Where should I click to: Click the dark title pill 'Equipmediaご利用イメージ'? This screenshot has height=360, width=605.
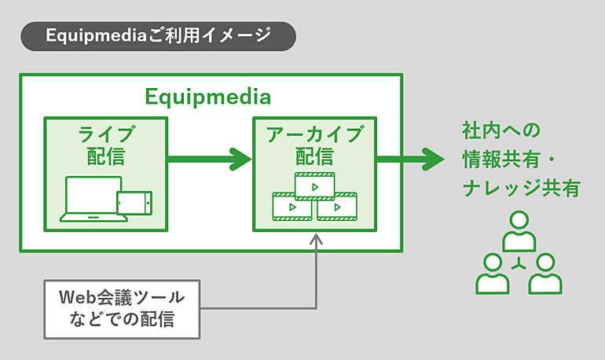[x=158, y=36]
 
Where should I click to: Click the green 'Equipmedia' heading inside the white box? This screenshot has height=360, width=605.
[x=207, y=97]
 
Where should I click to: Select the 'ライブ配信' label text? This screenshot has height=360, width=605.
[x=106, y=145]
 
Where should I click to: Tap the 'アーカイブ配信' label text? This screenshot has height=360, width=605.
[x=315, y=145]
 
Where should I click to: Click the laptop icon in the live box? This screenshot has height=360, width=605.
[x=93, y=199]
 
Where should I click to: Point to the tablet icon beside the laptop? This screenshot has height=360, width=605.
[x=134, y=203]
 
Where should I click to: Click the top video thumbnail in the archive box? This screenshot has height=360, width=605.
[x=315, y=187]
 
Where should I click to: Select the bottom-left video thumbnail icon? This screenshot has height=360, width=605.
[x=292, y=207]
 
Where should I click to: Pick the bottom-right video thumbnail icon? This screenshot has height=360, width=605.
[x=337, y=207]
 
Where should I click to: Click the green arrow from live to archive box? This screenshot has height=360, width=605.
[x=210, y=159]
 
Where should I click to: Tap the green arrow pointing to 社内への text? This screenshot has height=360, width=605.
[x=410, y=159]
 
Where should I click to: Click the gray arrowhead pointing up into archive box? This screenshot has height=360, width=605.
[x=317, y=239]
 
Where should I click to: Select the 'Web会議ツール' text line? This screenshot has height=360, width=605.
[x=122, y=297]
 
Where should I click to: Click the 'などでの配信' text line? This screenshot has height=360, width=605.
[x=122, y=319]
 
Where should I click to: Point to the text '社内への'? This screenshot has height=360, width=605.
[x=501, y=130]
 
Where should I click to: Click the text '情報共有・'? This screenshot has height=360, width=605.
[x=508, y=160]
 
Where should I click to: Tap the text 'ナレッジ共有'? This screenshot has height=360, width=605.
[x=521, y=189]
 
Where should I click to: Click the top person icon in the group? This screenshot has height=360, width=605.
[x=519, y=231]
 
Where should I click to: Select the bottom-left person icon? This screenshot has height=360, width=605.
[x=493, y=274]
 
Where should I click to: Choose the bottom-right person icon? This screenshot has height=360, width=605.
[x=545, y=274]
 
